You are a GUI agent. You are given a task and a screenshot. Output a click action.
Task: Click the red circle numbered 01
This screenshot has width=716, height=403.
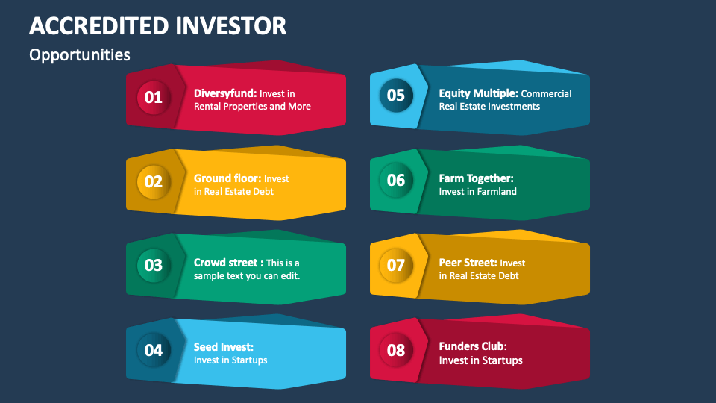[x=153, y=97]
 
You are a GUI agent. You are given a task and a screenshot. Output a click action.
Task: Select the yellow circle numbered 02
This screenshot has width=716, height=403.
[x=153, y=181]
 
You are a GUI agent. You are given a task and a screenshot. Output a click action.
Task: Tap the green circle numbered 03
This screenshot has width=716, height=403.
[x=153, y=265]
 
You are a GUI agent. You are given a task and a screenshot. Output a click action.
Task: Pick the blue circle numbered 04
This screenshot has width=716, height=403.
[x=153, y=349]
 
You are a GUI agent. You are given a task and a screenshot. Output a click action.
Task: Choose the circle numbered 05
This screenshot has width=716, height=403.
[x=395, y=95]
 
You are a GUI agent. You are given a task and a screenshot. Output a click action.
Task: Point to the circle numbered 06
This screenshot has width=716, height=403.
[x=395, y=180]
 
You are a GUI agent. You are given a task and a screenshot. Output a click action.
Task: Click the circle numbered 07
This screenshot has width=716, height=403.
[x=395, y=265]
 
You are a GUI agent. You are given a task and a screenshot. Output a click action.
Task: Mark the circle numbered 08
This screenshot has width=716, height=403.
[x=395, y=349]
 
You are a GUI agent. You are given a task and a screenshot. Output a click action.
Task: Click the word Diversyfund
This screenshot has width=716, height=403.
[x=225, y=93]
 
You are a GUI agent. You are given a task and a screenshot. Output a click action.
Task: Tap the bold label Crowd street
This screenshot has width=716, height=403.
[x=228, y=263]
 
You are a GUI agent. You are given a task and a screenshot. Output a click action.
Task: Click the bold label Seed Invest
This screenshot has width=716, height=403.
[x=224, y=347]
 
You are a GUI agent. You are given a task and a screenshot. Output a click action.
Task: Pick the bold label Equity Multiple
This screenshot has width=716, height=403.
[x=478, y=93]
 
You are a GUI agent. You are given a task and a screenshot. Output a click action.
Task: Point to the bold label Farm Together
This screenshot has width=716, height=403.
[x=476, y=178]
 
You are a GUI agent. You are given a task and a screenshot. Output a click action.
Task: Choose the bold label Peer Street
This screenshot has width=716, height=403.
[x=468, y=263]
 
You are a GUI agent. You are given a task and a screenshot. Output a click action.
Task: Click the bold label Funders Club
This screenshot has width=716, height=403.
[x=473, y=346]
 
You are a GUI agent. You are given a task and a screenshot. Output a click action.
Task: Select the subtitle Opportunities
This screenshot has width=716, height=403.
[x=80, y=55]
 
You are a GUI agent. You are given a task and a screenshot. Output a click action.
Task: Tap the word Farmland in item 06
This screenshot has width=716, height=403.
[x=496, y=192]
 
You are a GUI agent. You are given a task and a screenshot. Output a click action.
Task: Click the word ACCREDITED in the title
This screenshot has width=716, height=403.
[x=97, y=25]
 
